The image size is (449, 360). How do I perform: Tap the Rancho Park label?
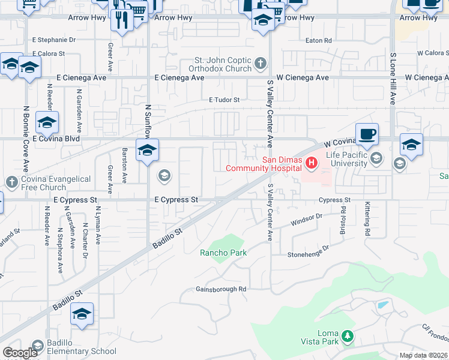point(223,253)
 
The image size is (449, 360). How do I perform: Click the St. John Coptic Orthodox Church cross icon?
point(260,62)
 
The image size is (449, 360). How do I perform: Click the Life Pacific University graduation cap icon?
point(376,158)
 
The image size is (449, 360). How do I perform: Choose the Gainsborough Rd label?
point(221,289)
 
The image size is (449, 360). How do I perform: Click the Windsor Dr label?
point(306,220)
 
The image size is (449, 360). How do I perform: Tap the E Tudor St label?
point(224,100)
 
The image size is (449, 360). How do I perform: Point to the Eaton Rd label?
point(318,41)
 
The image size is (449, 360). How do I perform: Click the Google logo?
point(20,353)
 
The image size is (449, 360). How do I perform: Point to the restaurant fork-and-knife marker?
point(122,20)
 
